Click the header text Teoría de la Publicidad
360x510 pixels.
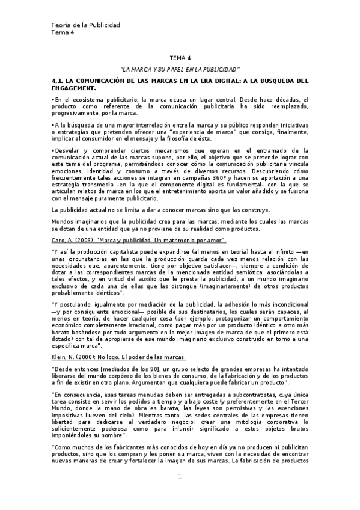click(x=86, y=25)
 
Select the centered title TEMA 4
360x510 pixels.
click(x=180, y=58)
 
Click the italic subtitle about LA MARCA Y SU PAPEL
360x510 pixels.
click(x=180, y=69)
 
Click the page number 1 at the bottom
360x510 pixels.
click(x=179, y=494)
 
